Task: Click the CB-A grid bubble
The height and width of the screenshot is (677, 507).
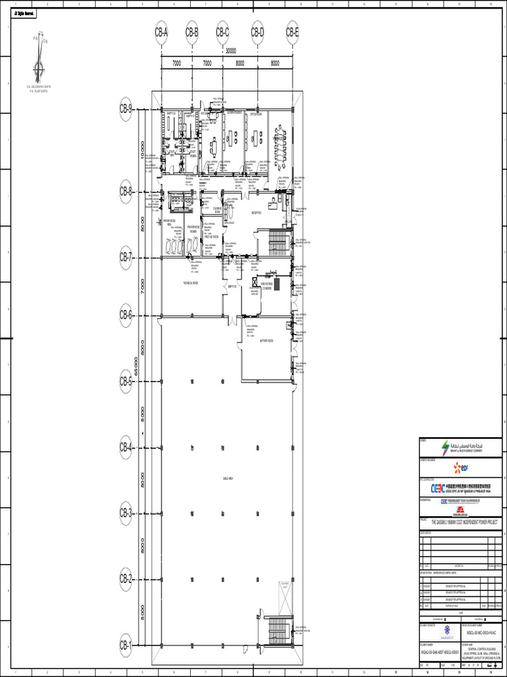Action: [x=162, y=32]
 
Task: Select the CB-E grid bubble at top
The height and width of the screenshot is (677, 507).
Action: [x=292, y=32]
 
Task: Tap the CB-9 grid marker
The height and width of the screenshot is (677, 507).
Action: [x=126, y=110]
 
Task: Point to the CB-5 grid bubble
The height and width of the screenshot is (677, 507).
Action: [x=126, y=381]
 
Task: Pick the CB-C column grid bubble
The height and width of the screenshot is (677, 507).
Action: [x=222, y=32]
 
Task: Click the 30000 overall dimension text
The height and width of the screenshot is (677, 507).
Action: [x=231, y=50]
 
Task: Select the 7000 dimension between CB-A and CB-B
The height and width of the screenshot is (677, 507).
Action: [x=177, y=63]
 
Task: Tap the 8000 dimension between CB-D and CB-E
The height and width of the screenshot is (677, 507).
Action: [x=275, y=63]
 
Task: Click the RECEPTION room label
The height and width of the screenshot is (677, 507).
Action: [x=256, y=213]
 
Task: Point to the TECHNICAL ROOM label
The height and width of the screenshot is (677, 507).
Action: [x=191, y=282]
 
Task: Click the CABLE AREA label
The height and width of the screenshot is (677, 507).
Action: [x=227, y=477]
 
